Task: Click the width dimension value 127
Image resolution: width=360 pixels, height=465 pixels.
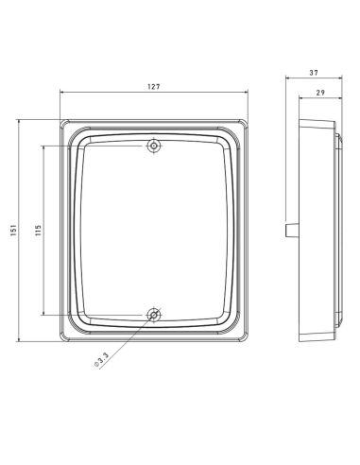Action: pos(154,86)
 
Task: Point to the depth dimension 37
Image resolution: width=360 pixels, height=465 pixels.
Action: pos(314,72)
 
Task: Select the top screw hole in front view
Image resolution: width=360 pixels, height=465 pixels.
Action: pos(154,146)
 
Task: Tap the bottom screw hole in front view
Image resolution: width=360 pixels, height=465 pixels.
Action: pos(154,314)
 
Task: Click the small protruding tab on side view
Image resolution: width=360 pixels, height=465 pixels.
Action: pos(289,230)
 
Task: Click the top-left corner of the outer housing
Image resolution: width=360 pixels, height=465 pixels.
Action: pos(60,120)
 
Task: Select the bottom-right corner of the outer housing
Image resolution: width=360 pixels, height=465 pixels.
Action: pos(249,342)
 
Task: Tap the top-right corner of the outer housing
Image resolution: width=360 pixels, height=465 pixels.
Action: pos(249,120)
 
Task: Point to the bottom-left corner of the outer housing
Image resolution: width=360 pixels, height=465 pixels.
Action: pos(60,342)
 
